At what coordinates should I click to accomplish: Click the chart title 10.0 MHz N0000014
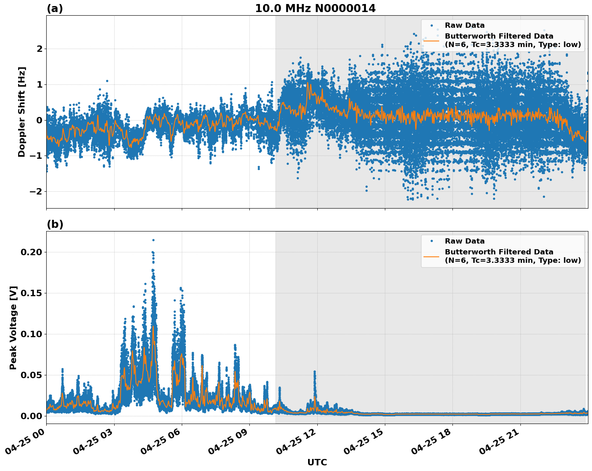click(315, 8)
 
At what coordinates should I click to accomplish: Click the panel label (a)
click(55, 8)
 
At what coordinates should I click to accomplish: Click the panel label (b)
click(55, 224)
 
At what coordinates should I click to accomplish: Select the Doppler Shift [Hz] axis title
click(22, 112)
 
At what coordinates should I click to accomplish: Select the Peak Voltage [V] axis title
click(13, 328)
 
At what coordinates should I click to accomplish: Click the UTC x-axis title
click(317, 462)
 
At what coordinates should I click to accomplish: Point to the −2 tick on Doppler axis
click(36, 191)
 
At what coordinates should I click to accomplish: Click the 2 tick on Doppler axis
click(39, 49)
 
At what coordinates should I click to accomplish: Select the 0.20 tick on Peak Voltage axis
click(31, 252)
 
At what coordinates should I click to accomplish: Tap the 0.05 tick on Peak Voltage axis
click(31, 375)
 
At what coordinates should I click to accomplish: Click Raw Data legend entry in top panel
click(465, 25)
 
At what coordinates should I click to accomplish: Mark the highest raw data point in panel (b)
click(153, 240)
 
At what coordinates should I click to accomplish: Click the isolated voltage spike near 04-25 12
click(314, 372)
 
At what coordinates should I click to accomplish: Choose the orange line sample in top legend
click(432, 40)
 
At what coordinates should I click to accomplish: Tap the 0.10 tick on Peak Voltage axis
click(31, 334)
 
